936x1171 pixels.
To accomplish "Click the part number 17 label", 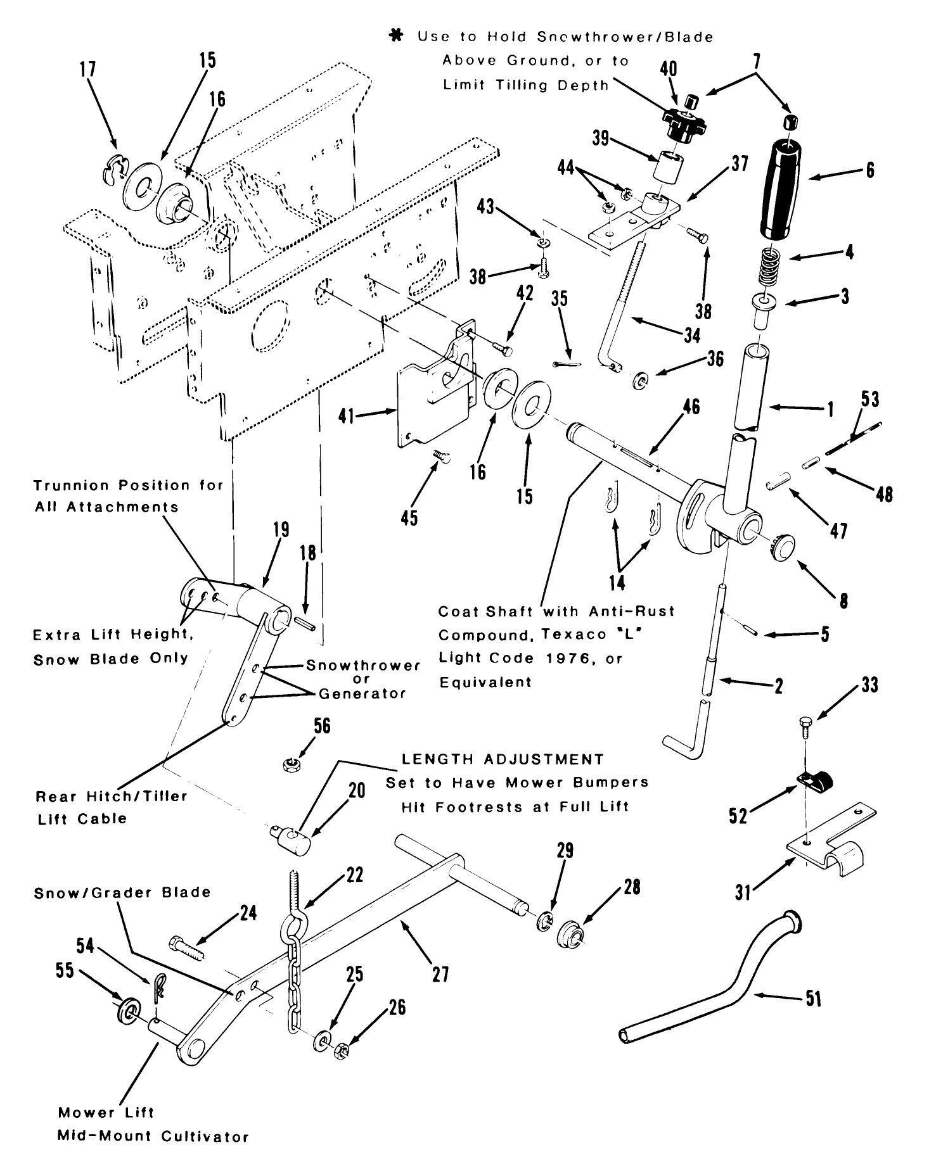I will [88, 68].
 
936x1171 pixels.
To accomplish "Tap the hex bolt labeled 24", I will [185, 949].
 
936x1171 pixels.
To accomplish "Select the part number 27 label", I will [440, 973].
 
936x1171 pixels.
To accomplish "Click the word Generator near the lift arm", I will [362, 693].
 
